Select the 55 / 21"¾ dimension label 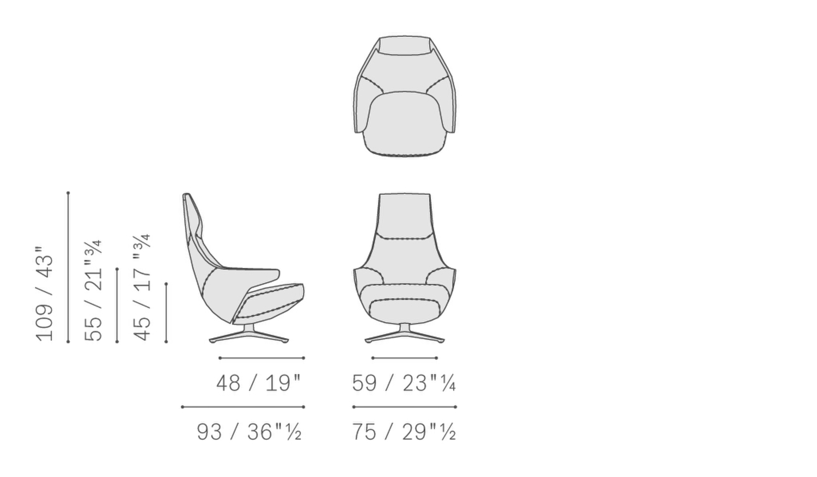(94, 291)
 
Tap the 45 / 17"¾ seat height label (142, 288)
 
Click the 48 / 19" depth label (258, 383)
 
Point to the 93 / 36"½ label (249, 432)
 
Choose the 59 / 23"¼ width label (404, 383)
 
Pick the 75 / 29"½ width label (404, 432)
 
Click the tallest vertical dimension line (68, 267)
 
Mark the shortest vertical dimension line (166, 313)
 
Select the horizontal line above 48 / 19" (261, 358)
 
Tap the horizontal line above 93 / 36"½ (243, 407)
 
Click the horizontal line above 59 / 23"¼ (404, 358)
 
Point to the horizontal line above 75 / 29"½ (404, 407)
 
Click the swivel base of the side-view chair (249, 337)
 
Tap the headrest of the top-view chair (404, 46)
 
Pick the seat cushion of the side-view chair (272, 302)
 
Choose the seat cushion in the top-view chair (404, 123)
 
